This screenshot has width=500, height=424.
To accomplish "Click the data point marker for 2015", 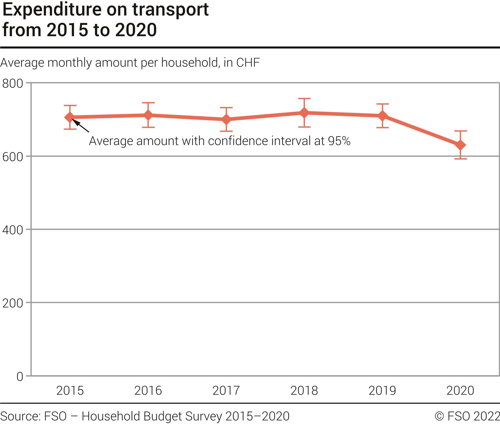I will (70, 117).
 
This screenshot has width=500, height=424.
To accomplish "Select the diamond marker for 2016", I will (148, 115).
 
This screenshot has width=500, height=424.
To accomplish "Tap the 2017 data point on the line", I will (226, 119).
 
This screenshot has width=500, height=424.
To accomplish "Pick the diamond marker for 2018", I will (304, 113).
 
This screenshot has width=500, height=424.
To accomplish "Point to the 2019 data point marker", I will (382, 116).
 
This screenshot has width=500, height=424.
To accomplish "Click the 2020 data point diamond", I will (460, 145).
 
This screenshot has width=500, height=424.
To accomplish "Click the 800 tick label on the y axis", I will (13, 83).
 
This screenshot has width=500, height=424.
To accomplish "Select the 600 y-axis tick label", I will (13, 157).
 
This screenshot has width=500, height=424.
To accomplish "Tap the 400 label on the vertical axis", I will (13, 230).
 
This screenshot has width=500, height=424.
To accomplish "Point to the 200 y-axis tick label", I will (13, 303).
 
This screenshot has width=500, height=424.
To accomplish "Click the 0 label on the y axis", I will (20, 377).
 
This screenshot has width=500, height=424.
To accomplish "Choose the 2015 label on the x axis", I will (70, 391).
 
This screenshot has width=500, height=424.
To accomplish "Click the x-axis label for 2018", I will (304, 391).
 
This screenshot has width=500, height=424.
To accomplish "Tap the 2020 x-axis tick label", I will (460, 391).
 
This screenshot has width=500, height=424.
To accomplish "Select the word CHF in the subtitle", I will (248, 63).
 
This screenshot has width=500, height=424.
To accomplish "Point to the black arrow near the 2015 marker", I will (81, 126).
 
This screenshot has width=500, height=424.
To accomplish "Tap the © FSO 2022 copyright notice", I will (467, 416).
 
